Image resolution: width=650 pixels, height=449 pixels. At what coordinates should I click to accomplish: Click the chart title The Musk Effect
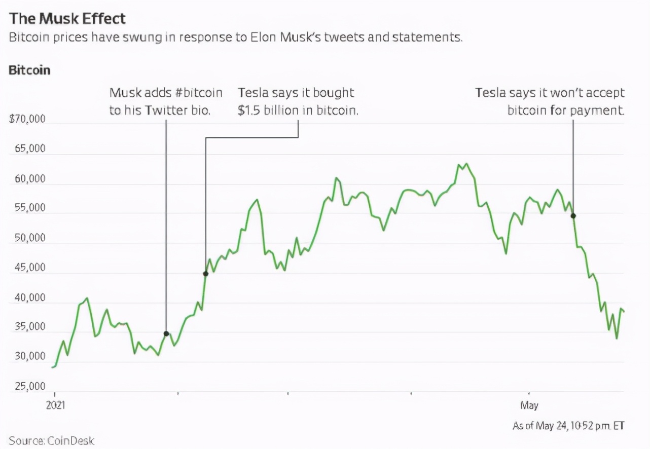(x=67, y=19)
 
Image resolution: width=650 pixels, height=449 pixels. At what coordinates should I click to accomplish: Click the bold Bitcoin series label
(x=29, y=70)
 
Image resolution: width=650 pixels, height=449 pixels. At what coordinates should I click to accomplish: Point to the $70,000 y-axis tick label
(x=27, y=120)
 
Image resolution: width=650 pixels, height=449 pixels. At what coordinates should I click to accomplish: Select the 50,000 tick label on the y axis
(x=30, y=238)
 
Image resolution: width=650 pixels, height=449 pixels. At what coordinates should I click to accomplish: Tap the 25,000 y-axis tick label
(x=30, y=387)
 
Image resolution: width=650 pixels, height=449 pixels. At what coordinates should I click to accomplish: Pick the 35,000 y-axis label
(x=30, y=327)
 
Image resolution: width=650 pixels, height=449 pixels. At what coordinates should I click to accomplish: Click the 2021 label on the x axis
(x=55, y=405)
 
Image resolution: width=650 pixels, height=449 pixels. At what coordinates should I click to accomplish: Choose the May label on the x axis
(x=529, y=405)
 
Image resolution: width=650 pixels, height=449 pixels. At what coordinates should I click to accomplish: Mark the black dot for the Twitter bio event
(x=166, y=333)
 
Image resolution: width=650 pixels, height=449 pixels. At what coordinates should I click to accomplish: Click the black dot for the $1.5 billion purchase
(x=205, y=274)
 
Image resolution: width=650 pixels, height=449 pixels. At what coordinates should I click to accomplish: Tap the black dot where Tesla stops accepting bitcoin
(x=573, y=216)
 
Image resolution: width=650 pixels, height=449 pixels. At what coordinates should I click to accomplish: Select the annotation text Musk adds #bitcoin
(x=166, y=93)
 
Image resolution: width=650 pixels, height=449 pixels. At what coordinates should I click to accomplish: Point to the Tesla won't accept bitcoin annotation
(x=550, y=101)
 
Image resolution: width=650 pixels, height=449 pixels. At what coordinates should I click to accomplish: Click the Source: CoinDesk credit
(x=52, y=440)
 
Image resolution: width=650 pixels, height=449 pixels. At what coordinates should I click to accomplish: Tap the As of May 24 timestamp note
(x=568, y=425)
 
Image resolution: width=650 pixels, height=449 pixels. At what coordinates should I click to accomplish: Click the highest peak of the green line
(x=466, y=164)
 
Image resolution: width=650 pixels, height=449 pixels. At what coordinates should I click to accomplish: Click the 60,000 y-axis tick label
(x=30, y=179)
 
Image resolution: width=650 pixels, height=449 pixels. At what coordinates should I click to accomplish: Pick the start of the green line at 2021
(x=53, y=367)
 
